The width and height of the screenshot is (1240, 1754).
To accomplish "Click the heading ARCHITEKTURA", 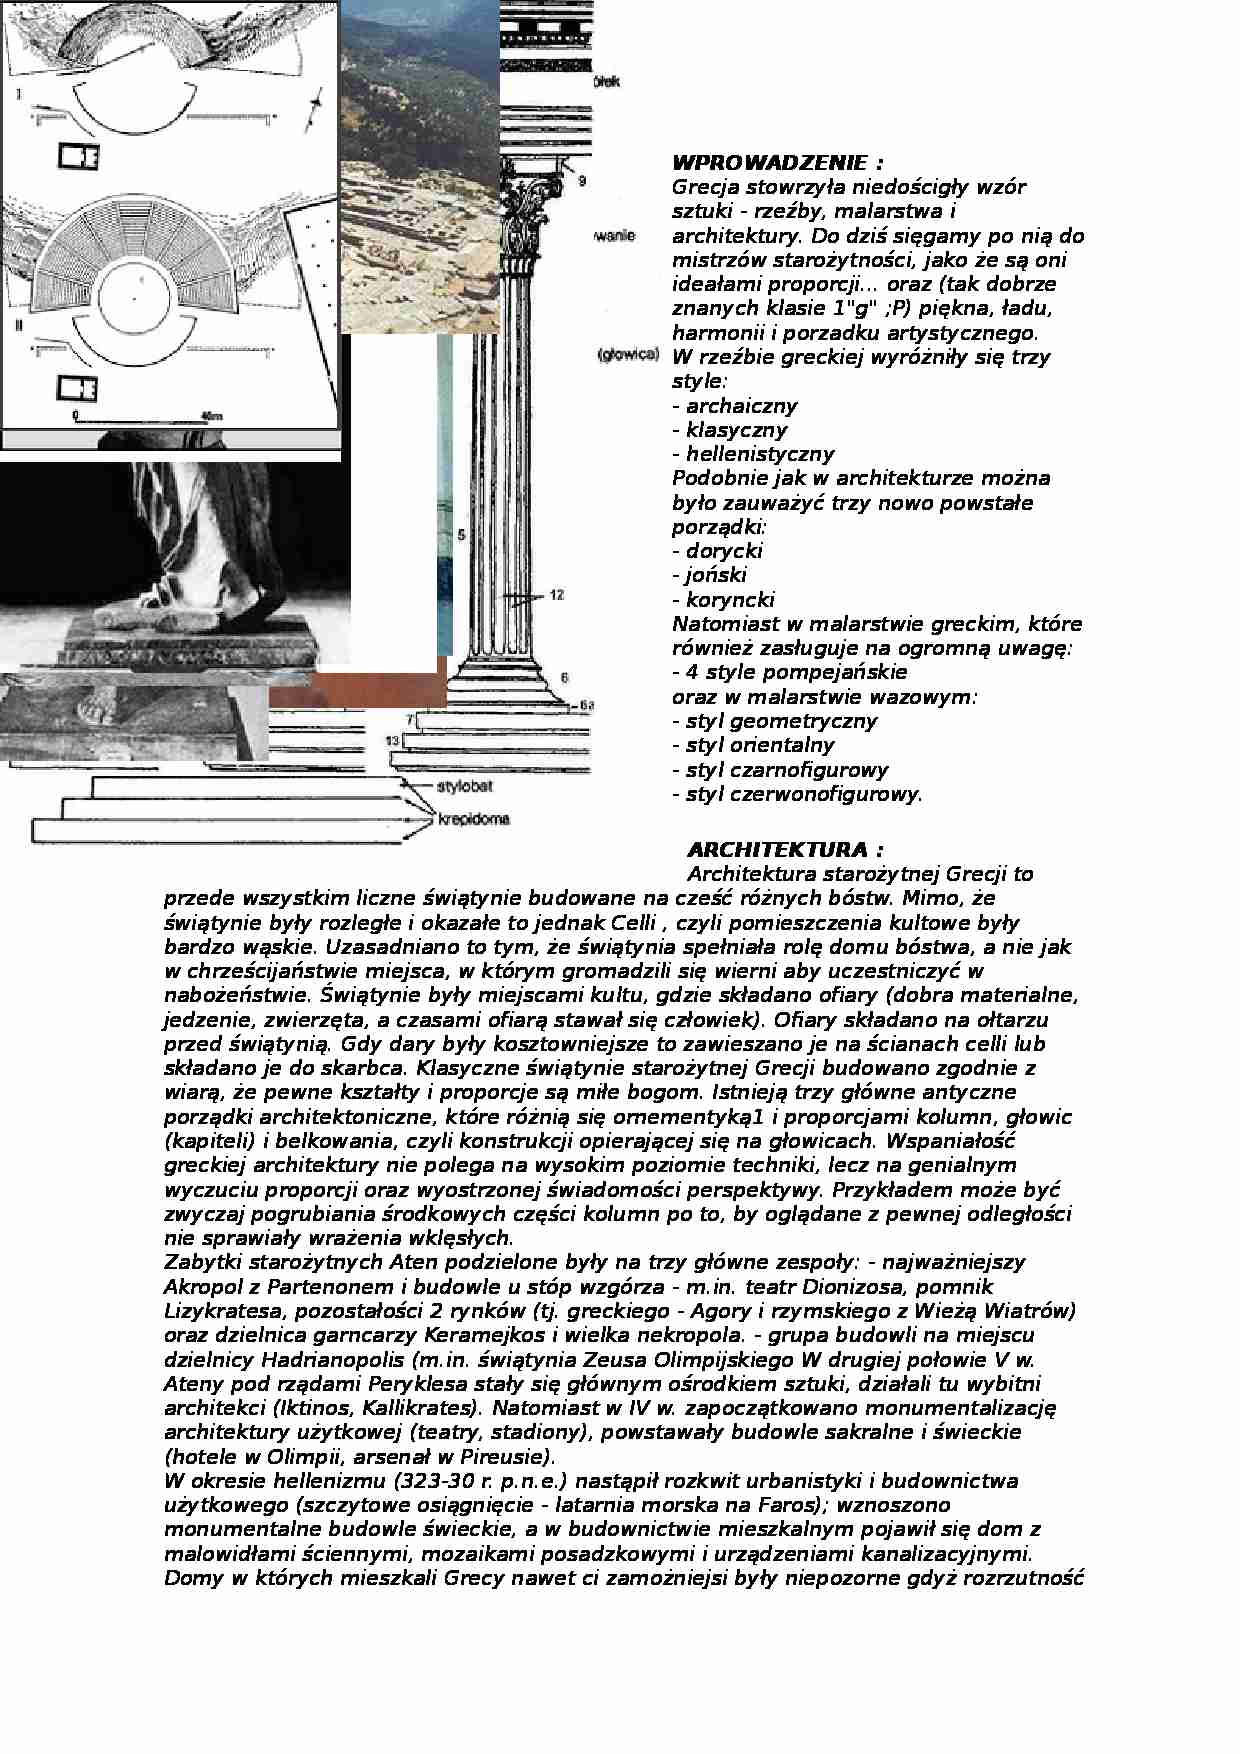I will pos(785,850).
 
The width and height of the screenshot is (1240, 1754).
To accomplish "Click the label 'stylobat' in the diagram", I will pos(464,786).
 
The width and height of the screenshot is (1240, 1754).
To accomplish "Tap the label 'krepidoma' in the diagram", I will pos(474,820).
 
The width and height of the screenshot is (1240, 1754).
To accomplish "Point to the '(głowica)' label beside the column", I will pos(626,355).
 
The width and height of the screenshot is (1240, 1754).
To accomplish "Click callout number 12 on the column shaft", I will pos(557,595).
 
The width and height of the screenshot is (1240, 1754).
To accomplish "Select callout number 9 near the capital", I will pos(582,181).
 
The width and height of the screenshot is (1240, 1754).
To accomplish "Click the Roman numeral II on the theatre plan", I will pos(20,326).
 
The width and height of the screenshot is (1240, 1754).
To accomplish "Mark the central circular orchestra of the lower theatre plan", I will pos(135,296).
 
